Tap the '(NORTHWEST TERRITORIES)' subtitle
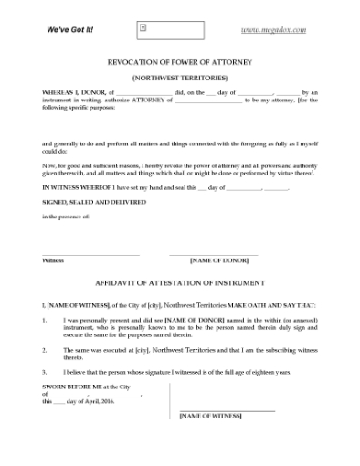click(180, 78)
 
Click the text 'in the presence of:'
click(66, 217)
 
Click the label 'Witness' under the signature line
click(53, 260)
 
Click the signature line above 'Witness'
click(90, 254)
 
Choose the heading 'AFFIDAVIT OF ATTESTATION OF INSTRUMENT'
click(180, 283)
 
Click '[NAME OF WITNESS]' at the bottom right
click(211, 416)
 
